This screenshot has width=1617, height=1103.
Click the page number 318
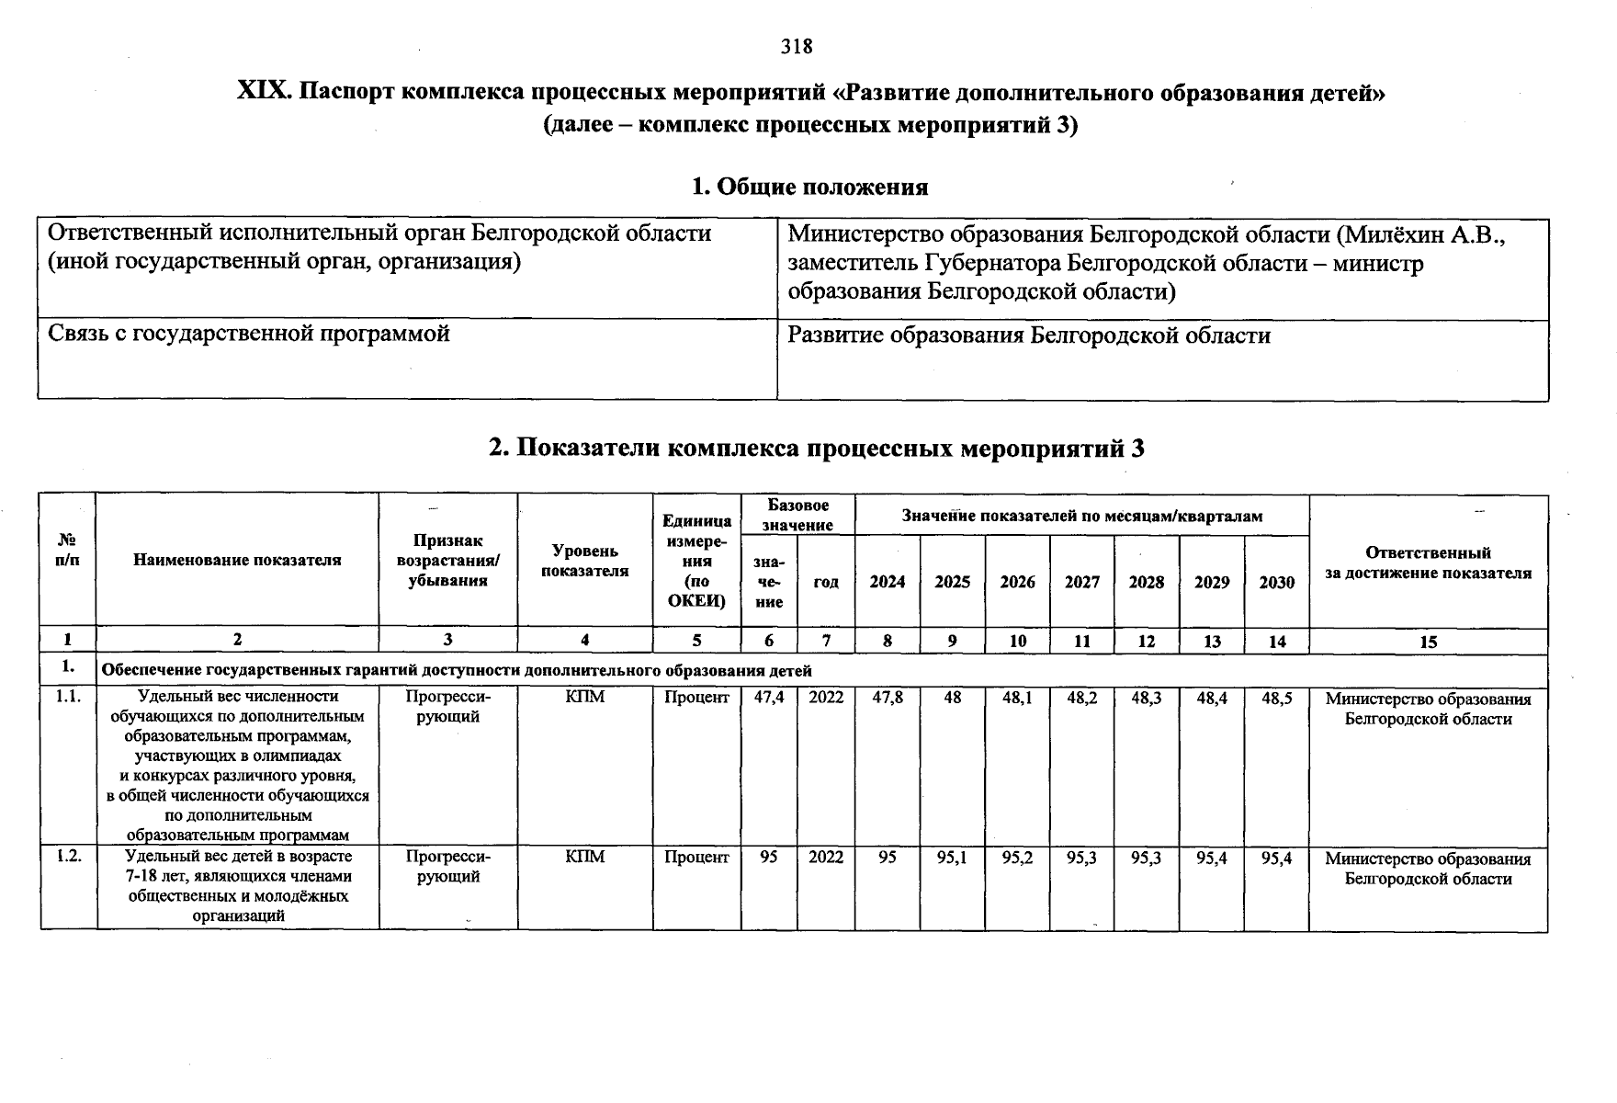[x=797, y=46]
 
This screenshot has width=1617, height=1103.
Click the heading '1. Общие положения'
[x=809, y=188]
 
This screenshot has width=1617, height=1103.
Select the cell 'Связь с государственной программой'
[x=249, y=335]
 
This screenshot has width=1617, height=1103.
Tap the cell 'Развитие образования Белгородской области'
[x=1029, y=335]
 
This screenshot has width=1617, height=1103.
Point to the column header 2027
[x=1081, y=583]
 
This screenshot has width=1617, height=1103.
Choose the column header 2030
[x=1276, y=583]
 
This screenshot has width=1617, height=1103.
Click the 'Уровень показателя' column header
[x=584, y=561]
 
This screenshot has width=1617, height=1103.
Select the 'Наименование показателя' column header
[x=237, y=560]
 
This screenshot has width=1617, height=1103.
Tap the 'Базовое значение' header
[x=797, y=516]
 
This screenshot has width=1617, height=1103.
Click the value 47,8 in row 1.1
[x=887, y=698]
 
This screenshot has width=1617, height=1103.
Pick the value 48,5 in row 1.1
[x=1276, y=698]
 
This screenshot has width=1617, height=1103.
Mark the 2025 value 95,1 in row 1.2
[x=952, y=858]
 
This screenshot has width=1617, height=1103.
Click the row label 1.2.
[x=68, y=856]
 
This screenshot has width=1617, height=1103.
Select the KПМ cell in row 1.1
[x=584, y=698]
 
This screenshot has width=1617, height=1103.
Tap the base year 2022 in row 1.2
[x=825, y=858]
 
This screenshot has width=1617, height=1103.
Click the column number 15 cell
[x=1428, y=642]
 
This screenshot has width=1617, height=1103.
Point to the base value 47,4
[x=768, y=698]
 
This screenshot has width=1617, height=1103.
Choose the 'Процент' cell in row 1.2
[x=696, y=858]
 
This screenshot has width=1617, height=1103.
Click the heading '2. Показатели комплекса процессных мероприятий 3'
[x=816, y=449]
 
